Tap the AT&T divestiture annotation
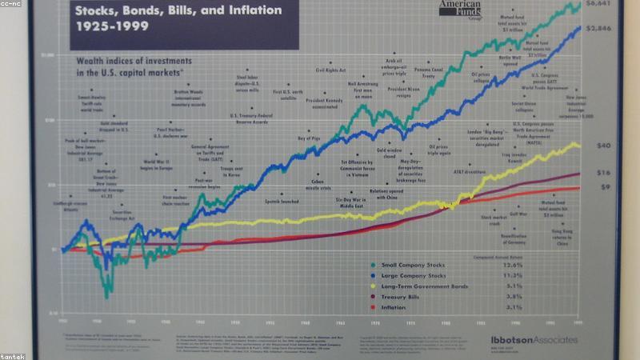(470, 171)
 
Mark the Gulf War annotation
(518, 214)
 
